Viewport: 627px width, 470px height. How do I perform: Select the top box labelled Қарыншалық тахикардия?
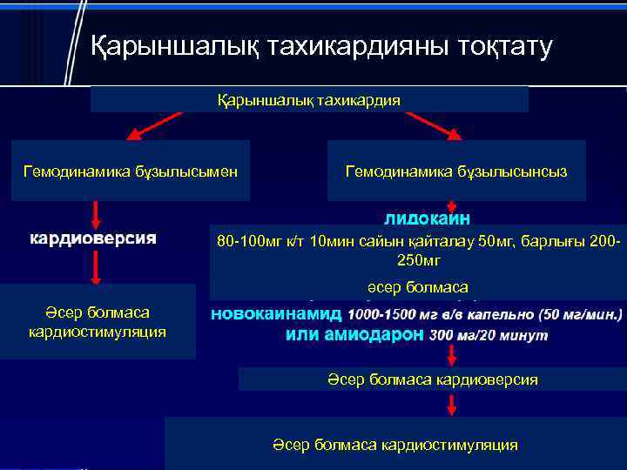309,100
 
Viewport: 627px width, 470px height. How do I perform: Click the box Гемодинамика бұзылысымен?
130,171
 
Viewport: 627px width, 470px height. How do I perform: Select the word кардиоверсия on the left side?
93,238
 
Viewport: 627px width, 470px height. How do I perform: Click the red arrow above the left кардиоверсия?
96,214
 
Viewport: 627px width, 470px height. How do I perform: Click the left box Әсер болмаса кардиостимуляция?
98,321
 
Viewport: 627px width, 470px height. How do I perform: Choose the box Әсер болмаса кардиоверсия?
433,379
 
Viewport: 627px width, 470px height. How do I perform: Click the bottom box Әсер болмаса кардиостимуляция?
394,445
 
